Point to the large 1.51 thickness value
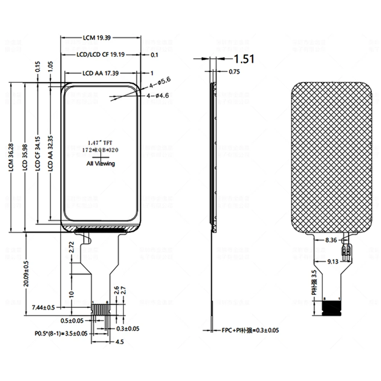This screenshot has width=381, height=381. pyautogui.click(x=243, y=59)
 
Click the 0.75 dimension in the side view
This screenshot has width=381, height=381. pyautogui.click(x=234, y=72)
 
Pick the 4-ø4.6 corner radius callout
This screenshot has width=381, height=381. pyautogui.click(x=157, y=95)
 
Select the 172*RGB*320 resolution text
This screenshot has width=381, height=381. pyautogui.click(x=101, y=150)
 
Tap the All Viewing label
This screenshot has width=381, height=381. pyautogui.click(x=101, y=163)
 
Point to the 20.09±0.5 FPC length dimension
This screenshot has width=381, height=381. pyautogui.click(x=26, y=274)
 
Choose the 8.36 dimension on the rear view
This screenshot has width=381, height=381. pyautogui.click(x=331, y=240)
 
